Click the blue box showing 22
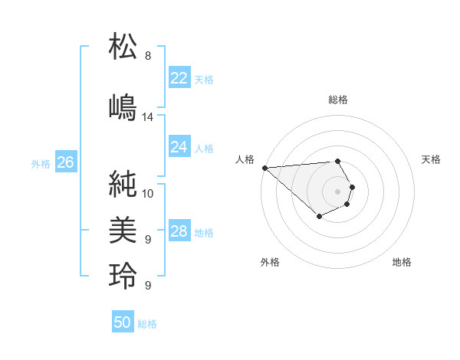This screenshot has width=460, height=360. click(179, 78)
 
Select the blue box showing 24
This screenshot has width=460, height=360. click(179, 147)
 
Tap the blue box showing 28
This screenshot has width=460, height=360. click(179, 231)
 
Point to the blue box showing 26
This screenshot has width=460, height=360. click(65, 162)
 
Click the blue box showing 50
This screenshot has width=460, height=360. click(123, 322)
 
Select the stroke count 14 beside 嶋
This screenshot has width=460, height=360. click(148, 117)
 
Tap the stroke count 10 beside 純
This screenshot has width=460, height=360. click(148, 193)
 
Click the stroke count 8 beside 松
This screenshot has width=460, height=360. click(148, 56)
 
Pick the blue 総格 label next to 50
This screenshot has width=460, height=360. click(147, 324)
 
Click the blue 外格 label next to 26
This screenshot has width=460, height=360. click(41, 163)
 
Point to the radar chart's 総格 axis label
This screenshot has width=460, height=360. click(338, 100)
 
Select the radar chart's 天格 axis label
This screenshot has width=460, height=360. click(431, 159)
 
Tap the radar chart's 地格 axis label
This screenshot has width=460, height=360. click(402, 262)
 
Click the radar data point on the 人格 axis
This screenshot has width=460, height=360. click(264, 167)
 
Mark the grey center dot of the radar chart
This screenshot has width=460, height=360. click(337, 190)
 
